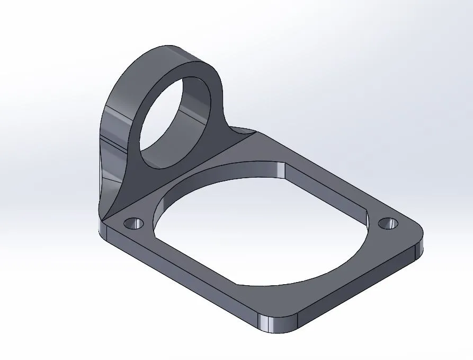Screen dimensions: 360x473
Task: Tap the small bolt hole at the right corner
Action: coord(389,223)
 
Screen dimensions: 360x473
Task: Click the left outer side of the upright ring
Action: coord(109,133)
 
